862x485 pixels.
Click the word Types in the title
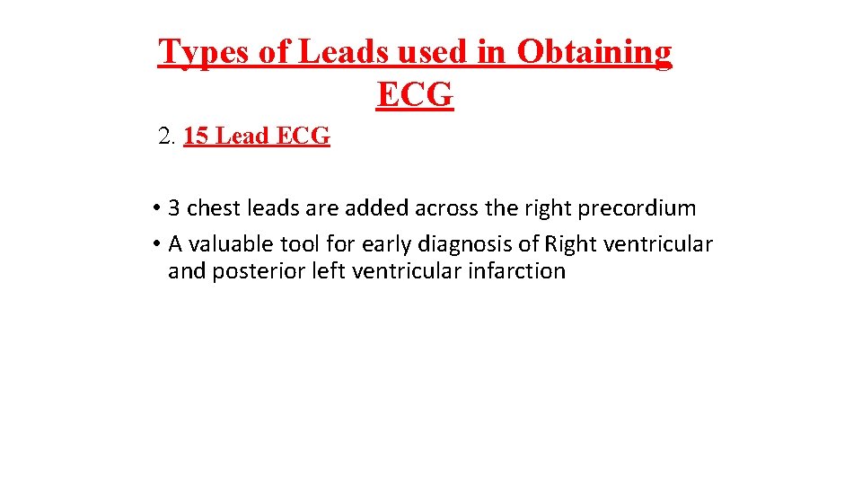tap(204, 53)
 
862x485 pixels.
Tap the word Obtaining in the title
tap(594, 53)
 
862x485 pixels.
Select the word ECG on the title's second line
tap(415, 93)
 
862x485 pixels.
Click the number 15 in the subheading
tap(197, 137)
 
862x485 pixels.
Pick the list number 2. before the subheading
tap(166, 137)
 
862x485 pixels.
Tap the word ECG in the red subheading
tap(303, 137)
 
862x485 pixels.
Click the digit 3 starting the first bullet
tap(174, 208)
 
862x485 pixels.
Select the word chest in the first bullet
tap(212, 208)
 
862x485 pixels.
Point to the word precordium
tap(638, 208)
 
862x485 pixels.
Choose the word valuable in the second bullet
tap(224, 243)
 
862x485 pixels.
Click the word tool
tap(300, 243)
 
